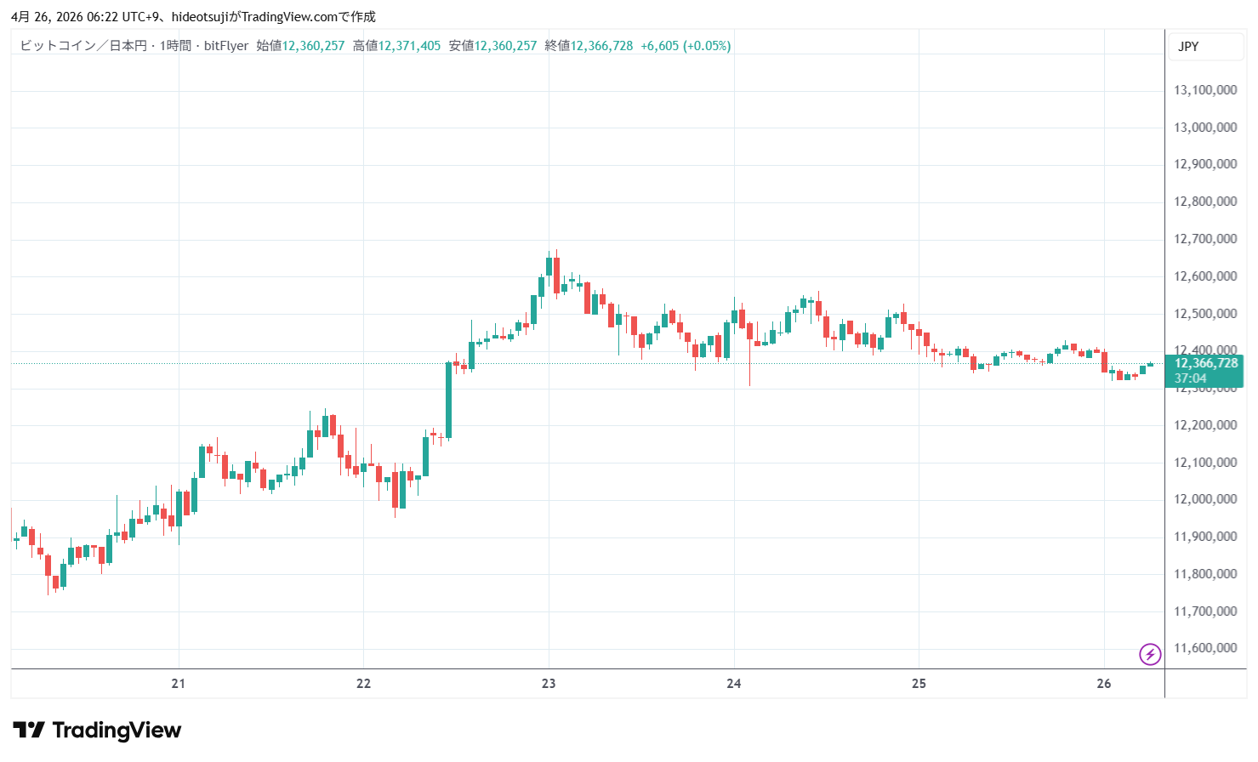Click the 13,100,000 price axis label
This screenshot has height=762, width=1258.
pos(1204,90)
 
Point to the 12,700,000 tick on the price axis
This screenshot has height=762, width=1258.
pos(1204,239)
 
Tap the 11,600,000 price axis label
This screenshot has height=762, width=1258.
pos(1204,648)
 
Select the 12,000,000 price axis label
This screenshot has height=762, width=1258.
pos(1204,499)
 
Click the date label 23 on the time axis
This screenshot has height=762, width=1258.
pos(549,684)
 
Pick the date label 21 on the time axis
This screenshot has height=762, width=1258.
pos(178,684)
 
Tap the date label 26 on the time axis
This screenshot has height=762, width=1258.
pos(1104,684)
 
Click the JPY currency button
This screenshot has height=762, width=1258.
pos(1188,47)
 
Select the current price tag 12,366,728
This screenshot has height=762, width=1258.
pos(1206,363)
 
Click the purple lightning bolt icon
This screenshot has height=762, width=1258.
pos(1150,654)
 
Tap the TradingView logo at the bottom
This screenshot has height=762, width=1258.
pos(97,731)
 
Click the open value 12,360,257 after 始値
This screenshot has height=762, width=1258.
pos(313,46)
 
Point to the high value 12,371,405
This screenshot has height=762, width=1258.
pos(409,46)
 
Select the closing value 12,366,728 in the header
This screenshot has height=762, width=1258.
pos(601,46)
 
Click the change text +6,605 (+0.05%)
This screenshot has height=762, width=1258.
pos(686,46)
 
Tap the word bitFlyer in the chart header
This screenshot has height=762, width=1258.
pos(226,46)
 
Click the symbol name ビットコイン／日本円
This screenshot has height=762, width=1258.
pos(83,46)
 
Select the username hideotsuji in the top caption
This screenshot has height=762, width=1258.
pos(200,17)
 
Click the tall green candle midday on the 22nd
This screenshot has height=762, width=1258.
pos(448,400)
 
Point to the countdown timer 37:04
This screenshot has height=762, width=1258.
pos(1190,378)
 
